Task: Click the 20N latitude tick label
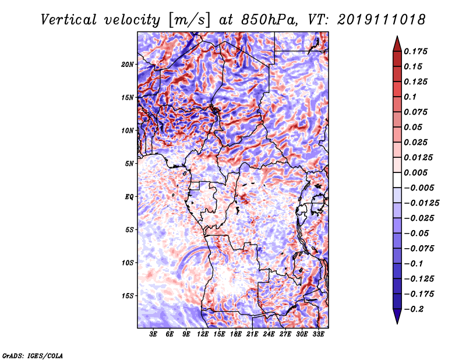coord(127,65)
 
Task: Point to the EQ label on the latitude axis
coord(129,197)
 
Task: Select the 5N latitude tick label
coord(129,164)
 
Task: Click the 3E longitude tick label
coord(153,334)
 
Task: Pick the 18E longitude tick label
coord(236,334)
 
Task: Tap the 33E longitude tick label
coord(318,334)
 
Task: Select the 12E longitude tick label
coord(203,334)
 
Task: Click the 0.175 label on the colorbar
coord(415,51)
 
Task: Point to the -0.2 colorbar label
coord(414,309)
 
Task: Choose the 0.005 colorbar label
coord(415,172)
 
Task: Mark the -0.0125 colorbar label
coord(421,203)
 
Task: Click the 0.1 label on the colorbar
coord(410,97)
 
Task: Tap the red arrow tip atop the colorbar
coord(397,37)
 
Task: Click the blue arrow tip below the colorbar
coord(397,323)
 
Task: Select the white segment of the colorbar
coord(397,180)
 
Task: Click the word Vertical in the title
coord(69,20)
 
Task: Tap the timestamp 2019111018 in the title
coord(382,20)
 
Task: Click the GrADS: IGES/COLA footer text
coord(33,355)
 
